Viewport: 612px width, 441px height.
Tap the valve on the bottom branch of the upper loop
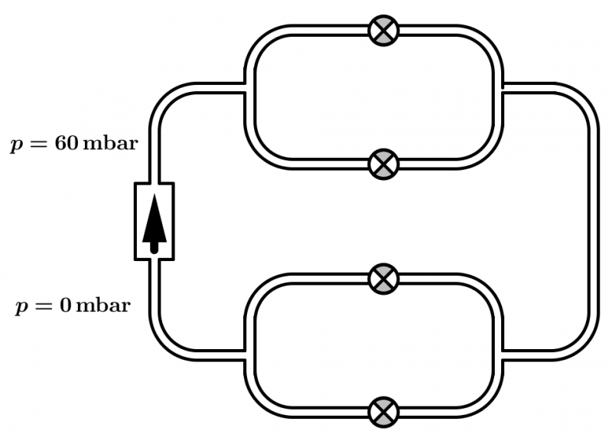383,163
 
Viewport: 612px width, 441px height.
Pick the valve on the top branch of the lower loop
383,279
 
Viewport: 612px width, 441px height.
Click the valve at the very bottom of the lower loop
383,412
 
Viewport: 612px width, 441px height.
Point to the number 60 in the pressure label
63,144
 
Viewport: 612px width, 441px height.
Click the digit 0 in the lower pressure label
67,306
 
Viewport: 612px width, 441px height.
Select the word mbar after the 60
110,144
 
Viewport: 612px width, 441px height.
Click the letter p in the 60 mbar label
16,145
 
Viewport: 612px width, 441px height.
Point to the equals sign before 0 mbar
46,307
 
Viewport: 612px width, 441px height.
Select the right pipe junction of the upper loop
501,88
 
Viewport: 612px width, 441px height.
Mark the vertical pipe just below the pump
154,295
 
